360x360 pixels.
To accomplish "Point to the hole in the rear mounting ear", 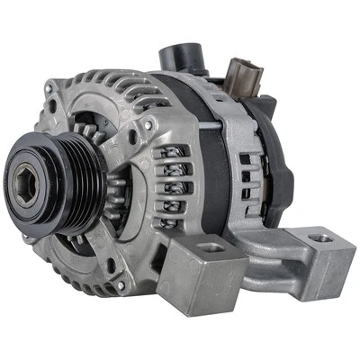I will tap(321, 239).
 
